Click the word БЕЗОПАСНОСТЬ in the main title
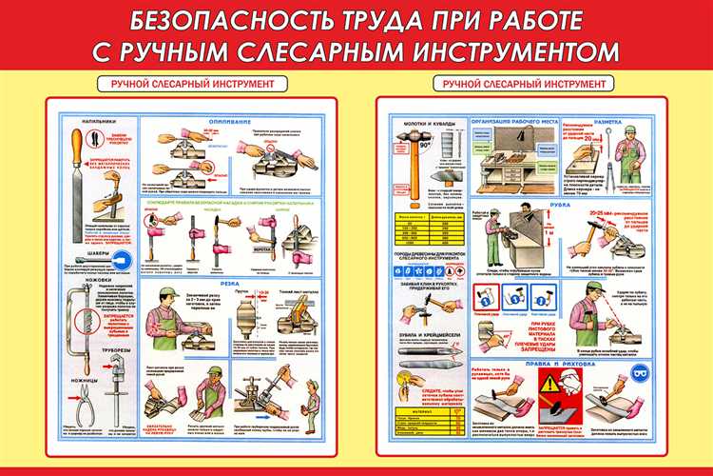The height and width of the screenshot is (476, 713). (205, 19)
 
